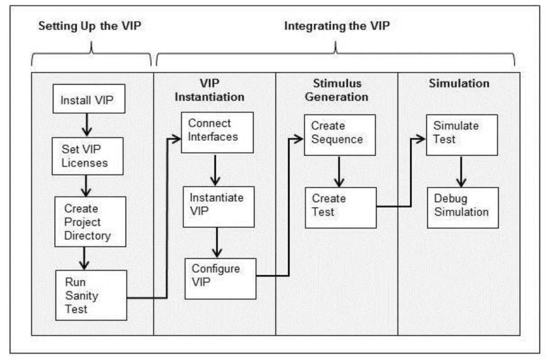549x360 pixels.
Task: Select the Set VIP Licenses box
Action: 87,156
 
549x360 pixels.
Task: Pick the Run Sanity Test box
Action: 90,295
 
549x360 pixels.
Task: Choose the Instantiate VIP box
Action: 218,207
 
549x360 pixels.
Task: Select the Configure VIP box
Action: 221,275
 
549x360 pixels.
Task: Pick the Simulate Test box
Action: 462,133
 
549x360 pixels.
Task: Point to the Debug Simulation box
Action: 462,207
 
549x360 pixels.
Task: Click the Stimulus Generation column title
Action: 336,90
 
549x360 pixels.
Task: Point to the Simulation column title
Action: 459,83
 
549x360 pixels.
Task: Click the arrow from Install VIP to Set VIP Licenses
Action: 87,126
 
